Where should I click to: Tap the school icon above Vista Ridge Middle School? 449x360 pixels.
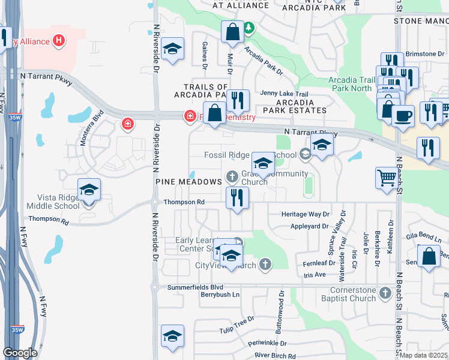89,191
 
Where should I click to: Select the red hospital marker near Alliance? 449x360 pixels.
59,41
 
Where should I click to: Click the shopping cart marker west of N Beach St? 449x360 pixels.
387,178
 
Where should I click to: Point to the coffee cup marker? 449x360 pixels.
403,115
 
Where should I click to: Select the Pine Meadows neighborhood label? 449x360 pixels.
188,181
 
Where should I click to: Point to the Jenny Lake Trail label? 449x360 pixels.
284,94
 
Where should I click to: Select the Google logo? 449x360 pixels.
20,352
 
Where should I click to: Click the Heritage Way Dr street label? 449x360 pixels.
306,214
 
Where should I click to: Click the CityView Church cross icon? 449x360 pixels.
265,265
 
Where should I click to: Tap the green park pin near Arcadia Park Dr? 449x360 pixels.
248,28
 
